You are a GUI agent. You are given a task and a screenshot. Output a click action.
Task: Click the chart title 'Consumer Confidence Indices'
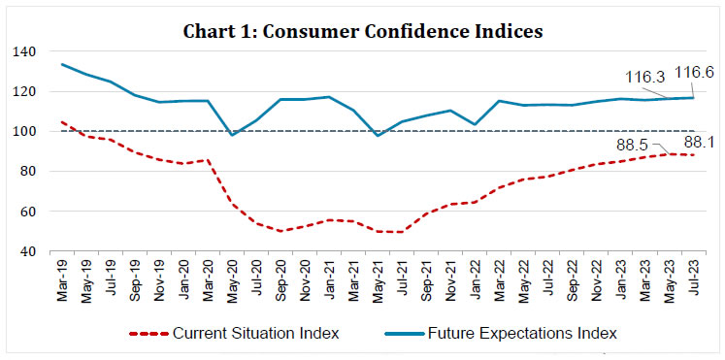tap(362, 31)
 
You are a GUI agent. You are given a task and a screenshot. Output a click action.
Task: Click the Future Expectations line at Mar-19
tap(62, 65)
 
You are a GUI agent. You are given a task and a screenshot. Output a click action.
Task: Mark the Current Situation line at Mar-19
tap(62, 122)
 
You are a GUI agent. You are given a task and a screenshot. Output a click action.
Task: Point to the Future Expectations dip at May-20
tap(232, 135)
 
